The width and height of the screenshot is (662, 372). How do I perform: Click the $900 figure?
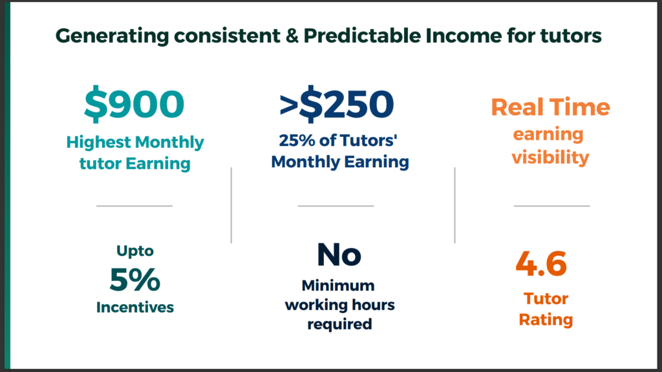(134, 104)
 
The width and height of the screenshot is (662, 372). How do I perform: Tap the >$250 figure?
(336, 104)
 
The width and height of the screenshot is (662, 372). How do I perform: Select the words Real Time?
(551, 107)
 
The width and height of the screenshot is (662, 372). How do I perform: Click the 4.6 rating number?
(541, 263)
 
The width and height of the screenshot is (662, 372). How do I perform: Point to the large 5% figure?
(134, 279)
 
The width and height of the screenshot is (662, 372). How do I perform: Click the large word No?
(339, 254)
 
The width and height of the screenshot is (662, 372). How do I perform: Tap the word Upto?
(135, 251)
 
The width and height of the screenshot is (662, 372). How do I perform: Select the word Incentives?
(135, 307)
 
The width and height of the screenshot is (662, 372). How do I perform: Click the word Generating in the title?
(112, 36)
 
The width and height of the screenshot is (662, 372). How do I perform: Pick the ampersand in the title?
(292, 36)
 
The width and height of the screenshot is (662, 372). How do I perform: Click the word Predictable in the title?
(362, 36)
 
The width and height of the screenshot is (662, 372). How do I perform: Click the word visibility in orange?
(551, 158)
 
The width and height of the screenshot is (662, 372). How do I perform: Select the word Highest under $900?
(99, 143)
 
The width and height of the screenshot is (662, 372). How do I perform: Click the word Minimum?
(338, 285)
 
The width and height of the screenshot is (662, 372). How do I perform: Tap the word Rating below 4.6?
(546, 320)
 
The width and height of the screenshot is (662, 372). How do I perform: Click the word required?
(339, 324)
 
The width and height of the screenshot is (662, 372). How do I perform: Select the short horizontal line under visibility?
(552, 206)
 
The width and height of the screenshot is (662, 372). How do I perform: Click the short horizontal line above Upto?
(134, 206)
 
